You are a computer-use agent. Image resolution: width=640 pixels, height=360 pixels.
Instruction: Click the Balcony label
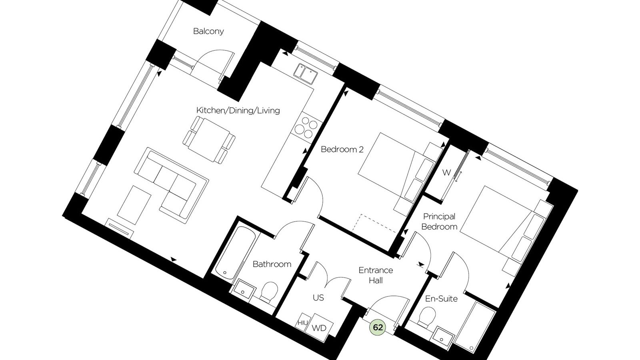208,31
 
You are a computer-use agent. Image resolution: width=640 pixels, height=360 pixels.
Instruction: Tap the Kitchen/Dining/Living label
238,110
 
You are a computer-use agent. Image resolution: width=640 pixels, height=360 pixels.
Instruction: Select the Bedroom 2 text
342,150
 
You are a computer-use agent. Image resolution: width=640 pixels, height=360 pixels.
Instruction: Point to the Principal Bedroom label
439,222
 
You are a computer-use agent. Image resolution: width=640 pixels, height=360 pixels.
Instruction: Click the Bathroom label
272,264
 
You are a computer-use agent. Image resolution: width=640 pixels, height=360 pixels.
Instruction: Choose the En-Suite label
441,299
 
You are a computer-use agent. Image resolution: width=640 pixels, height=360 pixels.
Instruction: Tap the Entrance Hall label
376,276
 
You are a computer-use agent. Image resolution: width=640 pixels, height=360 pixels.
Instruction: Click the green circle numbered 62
378,328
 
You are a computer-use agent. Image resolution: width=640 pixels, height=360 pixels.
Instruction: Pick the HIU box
302,322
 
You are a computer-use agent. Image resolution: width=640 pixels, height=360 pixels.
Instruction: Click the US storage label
318,298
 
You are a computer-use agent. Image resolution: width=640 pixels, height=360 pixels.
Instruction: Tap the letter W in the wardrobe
446,172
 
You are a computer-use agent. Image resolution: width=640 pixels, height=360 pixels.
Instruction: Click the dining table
209,140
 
